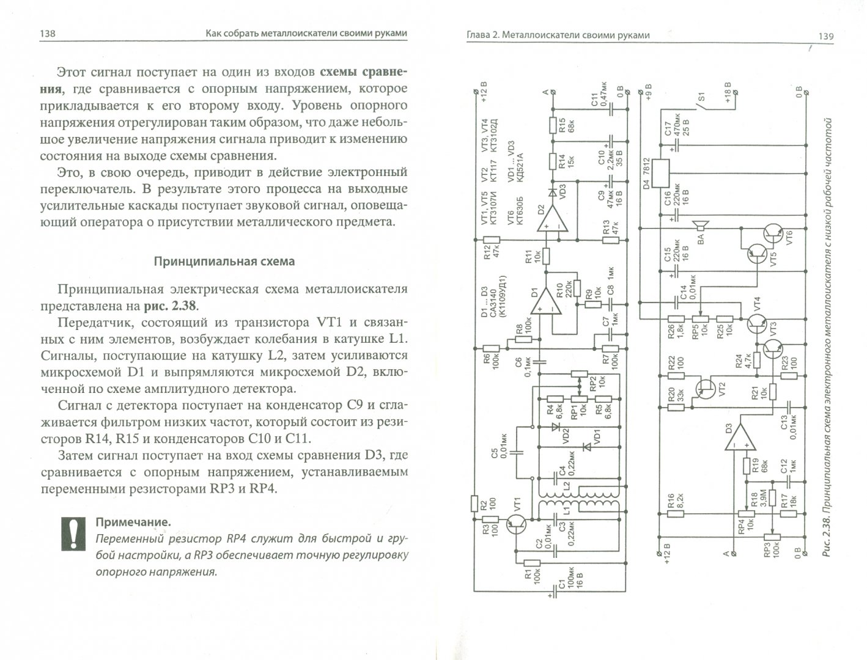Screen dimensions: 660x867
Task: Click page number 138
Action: (x=47, y=34)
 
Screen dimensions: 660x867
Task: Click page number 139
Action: (x=825, y=36)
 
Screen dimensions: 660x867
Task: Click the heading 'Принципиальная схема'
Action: (x=224, y=262)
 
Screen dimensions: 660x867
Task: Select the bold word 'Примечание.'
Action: (x=132, y=522)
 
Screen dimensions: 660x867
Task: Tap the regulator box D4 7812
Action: (x=662, y=174)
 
